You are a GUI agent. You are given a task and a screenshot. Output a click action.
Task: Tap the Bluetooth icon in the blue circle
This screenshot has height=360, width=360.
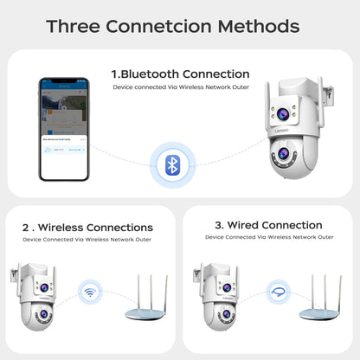[172, 165]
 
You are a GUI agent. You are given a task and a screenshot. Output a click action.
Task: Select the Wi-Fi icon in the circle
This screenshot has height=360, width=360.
[89, 292]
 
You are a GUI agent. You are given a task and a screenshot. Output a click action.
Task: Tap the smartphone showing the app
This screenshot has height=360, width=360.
[63, 129]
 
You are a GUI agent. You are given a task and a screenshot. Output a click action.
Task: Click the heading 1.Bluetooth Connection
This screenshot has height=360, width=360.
[180, 74]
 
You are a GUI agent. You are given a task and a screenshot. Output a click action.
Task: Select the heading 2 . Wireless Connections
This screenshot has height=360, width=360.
[87, 228]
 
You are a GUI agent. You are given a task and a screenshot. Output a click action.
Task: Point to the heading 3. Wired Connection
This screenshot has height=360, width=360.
[268, 226]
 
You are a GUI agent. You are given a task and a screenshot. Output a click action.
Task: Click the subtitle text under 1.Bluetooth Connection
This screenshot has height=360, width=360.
[180, 88]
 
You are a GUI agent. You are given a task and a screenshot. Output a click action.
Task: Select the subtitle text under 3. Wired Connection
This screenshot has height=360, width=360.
[268, 237]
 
